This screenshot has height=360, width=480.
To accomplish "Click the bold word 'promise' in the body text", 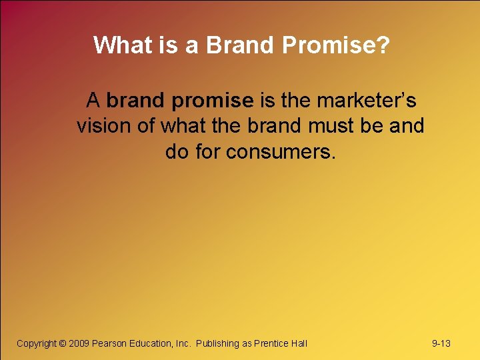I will [213, 101].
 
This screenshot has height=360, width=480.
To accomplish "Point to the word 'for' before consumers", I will [208, 152].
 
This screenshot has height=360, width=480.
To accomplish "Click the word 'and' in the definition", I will [406, 126].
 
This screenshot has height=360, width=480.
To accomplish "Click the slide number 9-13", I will [441, 343].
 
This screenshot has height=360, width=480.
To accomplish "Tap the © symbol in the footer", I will [63, 343].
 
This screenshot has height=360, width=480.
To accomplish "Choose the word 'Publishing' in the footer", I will [218, 343].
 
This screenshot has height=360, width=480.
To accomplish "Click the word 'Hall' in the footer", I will [299, 343].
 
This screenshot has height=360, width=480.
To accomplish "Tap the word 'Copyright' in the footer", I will [36, 343].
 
